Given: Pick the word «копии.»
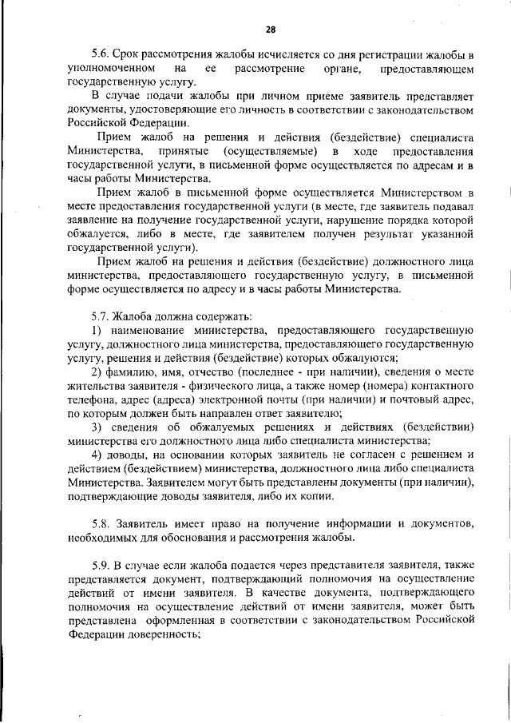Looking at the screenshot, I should (x=311, y=496).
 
